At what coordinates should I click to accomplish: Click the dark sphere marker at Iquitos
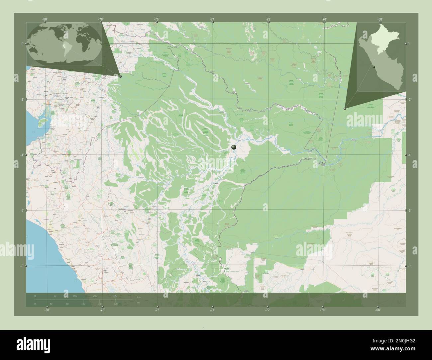234,147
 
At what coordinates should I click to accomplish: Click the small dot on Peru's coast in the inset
374,67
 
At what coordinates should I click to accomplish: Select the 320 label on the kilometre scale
115,296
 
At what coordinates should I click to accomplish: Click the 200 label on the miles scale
115,304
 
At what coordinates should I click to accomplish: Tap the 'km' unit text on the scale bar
139,297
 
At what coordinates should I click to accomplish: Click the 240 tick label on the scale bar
95,296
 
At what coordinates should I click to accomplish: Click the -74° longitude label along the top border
212,19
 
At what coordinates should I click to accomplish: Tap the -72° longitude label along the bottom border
267,310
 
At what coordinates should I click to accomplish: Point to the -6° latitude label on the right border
409,211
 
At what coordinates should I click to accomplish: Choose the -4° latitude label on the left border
22,155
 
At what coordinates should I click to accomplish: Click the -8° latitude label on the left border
22,266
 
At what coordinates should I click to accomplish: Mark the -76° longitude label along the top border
157,19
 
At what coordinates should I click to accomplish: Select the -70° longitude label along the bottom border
322,310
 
